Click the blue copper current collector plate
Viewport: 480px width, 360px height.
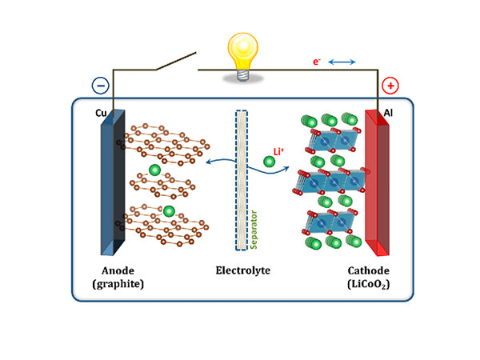[x=110, y=180]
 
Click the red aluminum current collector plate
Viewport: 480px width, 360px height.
[x=375, y=180]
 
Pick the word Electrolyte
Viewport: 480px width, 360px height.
[x=242, y=270]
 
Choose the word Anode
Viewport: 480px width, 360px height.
[x=118, y=270]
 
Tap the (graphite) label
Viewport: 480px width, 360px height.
[x=118, y=284]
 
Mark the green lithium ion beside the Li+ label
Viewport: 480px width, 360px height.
[x=270, y=162]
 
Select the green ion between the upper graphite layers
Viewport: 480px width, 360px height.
[x=154, y=170]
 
